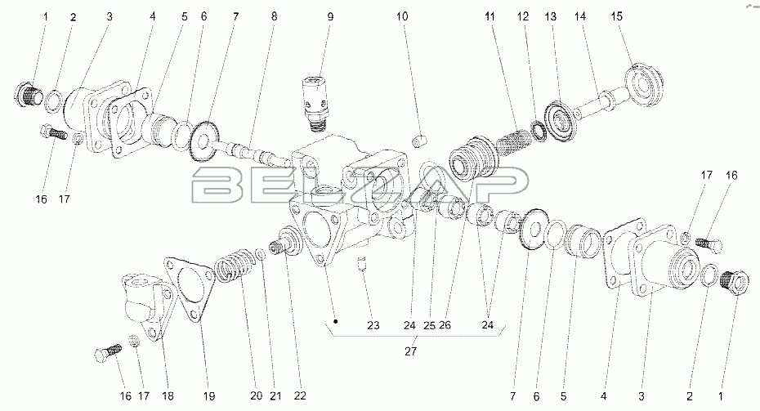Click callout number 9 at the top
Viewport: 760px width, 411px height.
(330, 16)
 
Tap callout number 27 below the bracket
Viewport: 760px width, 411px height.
(410, 351)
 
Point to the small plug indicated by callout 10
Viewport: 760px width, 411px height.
(418, 141)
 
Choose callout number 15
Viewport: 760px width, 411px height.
(616, 16)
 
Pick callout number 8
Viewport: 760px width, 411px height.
(275, 16)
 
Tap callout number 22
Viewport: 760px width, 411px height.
(300, 396)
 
